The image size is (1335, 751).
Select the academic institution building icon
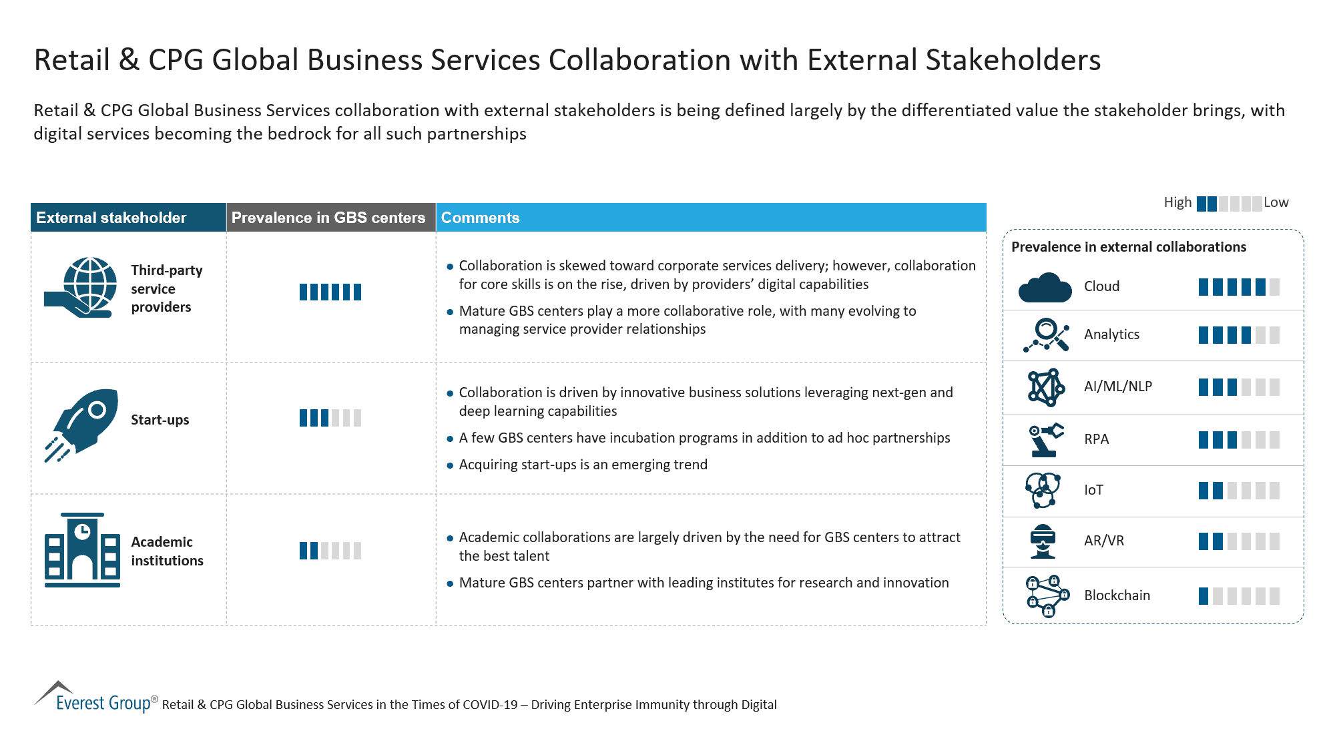[82, 550]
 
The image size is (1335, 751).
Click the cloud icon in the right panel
[1045, 288]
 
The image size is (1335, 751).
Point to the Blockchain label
[1117, 595]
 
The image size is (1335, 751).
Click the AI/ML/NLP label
[1117, 387]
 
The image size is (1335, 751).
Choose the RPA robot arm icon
[1045, 439]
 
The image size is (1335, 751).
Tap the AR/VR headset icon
[1043, 541]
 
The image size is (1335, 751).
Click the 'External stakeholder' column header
[111, 218]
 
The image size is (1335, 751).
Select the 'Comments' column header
[480, 218]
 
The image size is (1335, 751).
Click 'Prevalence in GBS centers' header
[328, 218]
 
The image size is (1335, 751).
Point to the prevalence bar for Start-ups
[330, 419]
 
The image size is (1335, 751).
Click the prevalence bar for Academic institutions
[330, 551]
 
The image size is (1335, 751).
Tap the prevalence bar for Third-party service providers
[330, 292]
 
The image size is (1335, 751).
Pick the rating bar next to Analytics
[1238, 335]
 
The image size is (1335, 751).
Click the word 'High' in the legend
[1177, 202]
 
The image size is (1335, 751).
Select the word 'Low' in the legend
[1276, 202]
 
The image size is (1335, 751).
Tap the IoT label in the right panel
[1093, 490]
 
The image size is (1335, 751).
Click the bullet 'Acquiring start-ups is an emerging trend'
[583, 465]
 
